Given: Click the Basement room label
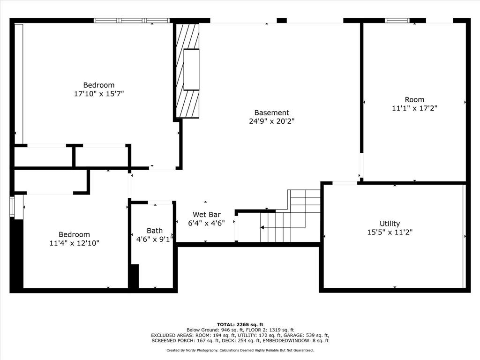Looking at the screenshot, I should tap(271, 112).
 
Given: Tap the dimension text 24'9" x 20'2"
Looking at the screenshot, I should tap(271, 121).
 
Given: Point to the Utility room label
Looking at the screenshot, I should tap(390, 224).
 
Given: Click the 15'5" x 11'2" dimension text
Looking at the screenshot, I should tap(390, 232).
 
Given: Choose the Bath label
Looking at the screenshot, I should tap(154, 230).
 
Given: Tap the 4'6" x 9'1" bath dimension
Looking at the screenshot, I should tap(154, 239).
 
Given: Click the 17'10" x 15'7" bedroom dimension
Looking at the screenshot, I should tap(98, 94).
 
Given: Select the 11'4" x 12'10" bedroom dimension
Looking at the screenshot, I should tap(74, 243).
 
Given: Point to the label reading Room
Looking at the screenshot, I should tap(414, 99).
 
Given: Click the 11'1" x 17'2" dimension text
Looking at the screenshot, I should tap(414, 108).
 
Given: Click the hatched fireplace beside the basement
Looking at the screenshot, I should tap(187, 70).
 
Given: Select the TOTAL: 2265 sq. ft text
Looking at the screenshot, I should tap(240, 324).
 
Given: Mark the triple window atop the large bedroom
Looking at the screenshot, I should tap(131, 21).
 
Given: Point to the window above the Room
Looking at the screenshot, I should tap(397, 21).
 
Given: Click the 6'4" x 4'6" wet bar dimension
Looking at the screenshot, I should tap(206, 223).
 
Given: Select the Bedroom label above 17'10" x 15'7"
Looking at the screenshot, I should tap(98, 85).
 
